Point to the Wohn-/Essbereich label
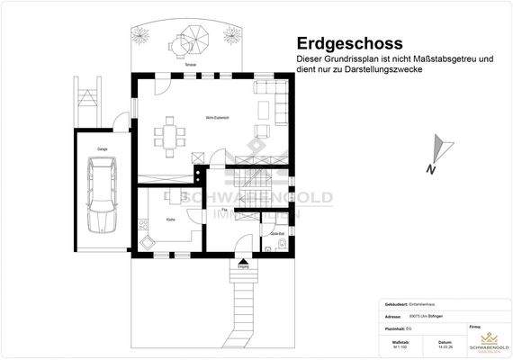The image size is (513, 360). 193,118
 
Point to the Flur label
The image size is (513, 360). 224,210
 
